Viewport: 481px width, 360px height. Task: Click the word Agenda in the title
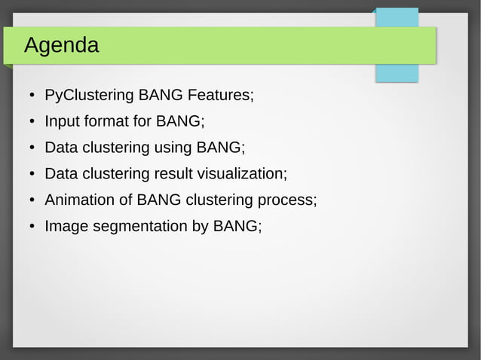(x=61, y=46)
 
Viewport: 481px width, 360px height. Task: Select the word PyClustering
(x=90, y=96)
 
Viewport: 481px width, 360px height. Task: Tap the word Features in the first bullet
(x=220, y=96)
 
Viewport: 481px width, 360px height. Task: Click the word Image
(x=66, y=226)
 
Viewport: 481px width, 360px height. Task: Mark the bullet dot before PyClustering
(x=32, y=96)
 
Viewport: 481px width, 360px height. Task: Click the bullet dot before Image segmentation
(x=32, y=227)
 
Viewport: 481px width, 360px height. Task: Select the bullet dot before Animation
(x=32, y=201)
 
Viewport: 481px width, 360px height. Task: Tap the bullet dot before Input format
(x=32, y=122)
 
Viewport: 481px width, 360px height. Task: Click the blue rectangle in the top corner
(x=397, y=19)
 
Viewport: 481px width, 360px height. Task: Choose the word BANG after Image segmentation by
(x=237, y=226)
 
